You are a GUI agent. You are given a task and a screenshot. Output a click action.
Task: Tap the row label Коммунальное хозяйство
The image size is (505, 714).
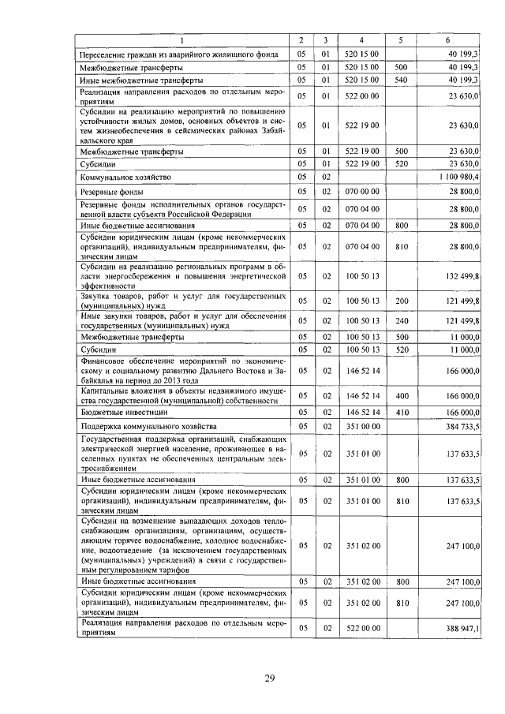[125, 178]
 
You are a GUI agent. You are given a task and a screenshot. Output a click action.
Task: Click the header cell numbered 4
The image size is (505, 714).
[361, 39]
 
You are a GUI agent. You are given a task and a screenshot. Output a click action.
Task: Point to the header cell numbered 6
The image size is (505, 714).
[447, 39]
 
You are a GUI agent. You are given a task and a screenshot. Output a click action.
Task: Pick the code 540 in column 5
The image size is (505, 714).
[400, 80]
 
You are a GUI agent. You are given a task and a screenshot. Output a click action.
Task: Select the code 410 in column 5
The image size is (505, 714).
[400, 412]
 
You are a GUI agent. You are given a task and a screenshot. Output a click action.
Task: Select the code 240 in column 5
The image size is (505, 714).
[400, 321]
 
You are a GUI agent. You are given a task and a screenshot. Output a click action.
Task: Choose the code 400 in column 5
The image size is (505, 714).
[400, 395]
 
